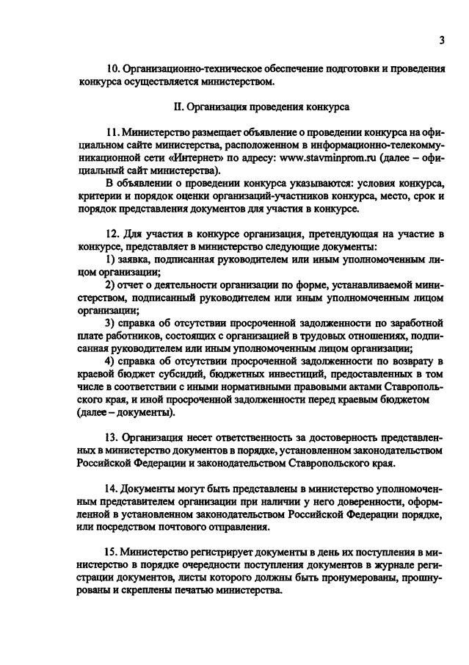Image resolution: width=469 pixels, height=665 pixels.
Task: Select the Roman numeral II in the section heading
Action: pos(178,106)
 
